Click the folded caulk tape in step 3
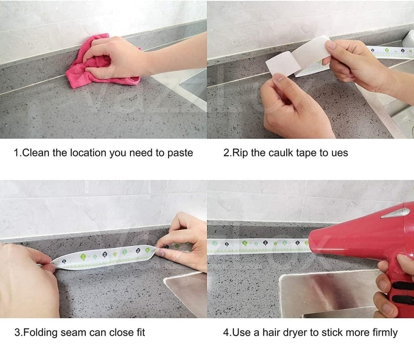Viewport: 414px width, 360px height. click(x=105, y=257)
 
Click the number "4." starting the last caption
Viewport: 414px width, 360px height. click(x=226, y=333)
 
